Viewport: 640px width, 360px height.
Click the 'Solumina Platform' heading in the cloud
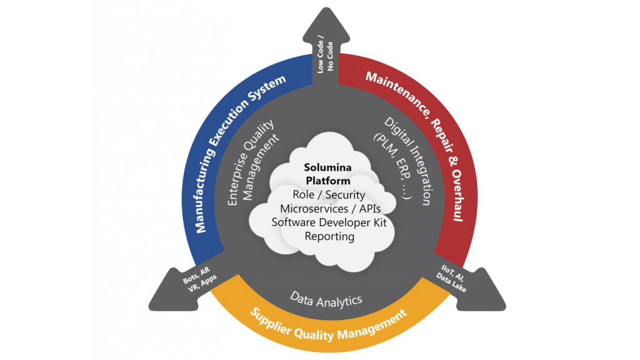[x=328, y=174]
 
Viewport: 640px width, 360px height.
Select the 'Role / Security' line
[x=329, y=195]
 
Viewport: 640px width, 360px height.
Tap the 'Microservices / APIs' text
[x=330, y=209]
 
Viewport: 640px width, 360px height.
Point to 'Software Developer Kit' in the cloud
[x=329, y=222]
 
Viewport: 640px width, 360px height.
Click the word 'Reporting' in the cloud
[x=329, y=236]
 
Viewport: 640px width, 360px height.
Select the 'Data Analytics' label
[x=326, y=300]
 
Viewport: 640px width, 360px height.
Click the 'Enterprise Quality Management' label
[x=252, y=162]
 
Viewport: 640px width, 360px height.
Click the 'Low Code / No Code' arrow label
[x=325, y=56]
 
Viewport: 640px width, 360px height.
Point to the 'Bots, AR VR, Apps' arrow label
[x=199, y=279]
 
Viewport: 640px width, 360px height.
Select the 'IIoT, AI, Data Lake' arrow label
[x=452, y=277]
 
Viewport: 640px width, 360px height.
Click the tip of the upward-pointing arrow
[x=326, y=7]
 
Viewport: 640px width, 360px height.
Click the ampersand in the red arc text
[x=452, y=160]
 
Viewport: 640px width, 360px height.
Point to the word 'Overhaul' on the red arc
[x=458, y=196]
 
